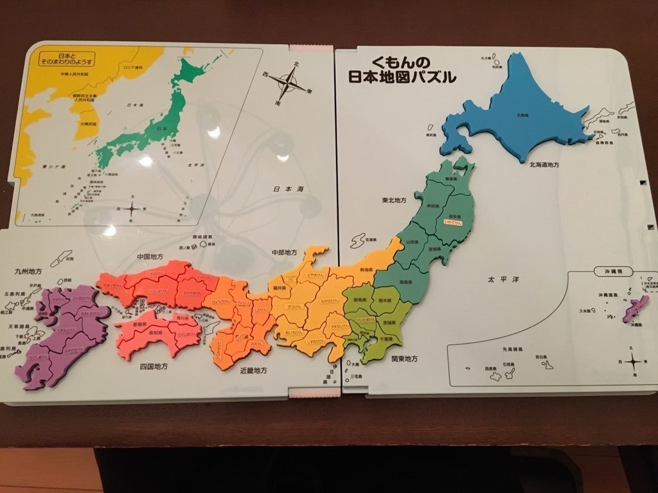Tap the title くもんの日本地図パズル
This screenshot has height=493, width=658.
coord(402,70)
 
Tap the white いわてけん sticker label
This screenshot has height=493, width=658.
coord(454,222)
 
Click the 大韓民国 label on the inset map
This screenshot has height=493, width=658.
coord(89,123)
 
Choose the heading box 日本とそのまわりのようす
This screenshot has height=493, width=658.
coord(66,58)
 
